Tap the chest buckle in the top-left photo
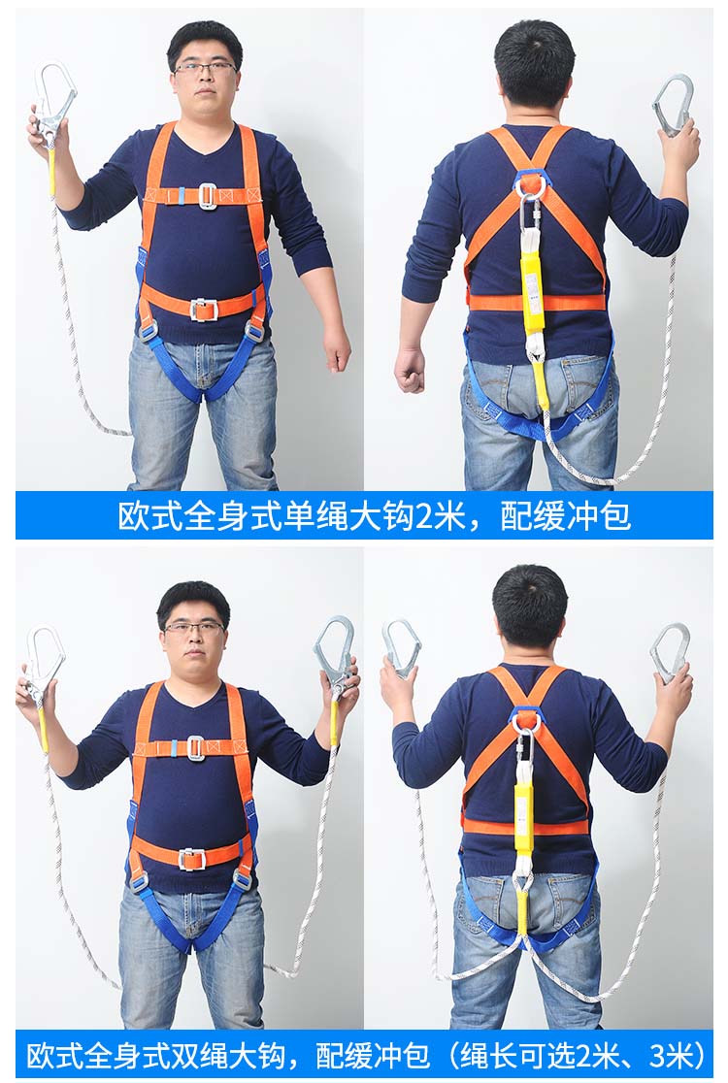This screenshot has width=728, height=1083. tap(207, 195)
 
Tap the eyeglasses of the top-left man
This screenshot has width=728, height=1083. tap(205, 67)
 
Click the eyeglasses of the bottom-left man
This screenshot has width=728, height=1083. tap(195, 628)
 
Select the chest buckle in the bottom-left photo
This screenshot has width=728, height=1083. tap(195, 749)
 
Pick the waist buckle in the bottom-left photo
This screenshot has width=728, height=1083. tap(192, 859)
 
